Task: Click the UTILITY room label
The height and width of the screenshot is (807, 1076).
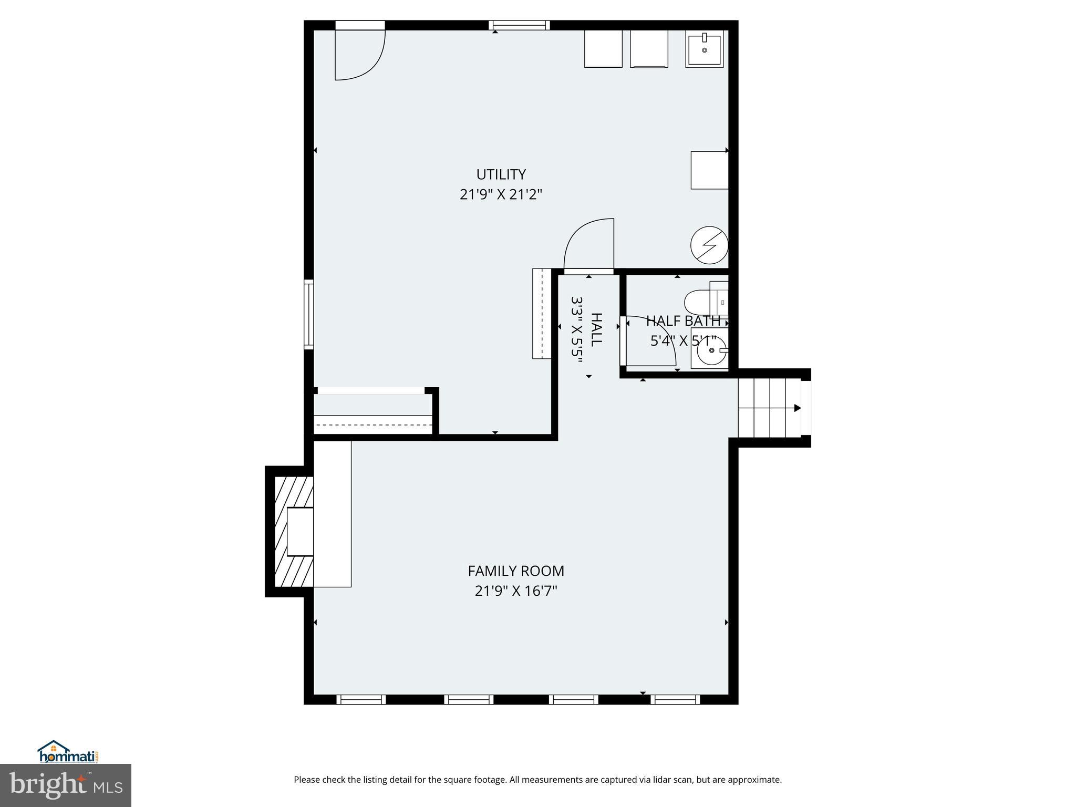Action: click(x=501, y=174)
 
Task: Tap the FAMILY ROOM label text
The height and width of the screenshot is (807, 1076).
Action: click(x=515, y=571)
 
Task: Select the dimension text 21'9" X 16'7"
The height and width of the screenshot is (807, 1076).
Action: click(x=515, y=591)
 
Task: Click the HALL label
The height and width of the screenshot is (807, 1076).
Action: click(x=596, y=329)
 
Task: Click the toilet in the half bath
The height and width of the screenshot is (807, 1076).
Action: click(x=699, y=303)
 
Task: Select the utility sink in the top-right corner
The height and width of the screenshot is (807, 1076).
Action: click(x=704, y=48)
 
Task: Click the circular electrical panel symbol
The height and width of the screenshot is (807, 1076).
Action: click(x=709, y=245)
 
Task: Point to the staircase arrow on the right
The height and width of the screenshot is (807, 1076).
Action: click(x=797, y=408)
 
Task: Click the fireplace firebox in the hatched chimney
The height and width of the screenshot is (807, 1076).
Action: click(x=300, y=531)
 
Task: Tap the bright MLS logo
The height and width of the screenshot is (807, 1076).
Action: click(x=65, y=785)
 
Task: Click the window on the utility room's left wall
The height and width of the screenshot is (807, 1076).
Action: click(x=309, y=314)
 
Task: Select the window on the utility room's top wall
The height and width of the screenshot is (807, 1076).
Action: click(x=519, y=25)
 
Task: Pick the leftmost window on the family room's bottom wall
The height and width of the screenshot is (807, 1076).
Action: click(x=361, y=699)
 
